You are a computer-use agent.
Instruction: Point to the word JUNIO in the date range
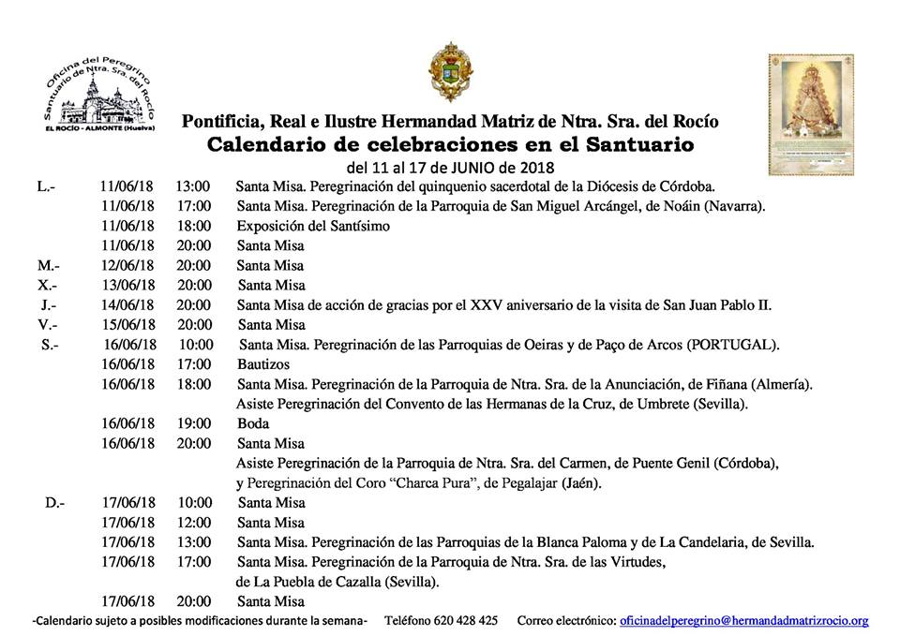[x=480, y=168]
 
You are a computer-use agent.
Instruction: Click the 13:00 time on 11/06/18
[x=192, y=186]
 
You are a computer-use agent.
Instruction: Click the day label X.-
[x=48, y=286]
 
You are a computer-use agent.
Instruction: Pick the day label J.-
[x=49, y=305]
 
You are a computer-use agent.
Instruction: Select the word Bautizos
[x=263, y=363]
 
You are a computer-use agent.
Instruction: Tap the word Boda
[x=253, y=423]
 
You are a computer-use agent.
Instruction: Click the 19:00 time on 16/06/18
[x=193, y=423]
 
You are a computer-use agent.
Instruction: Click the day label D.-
[x=54, y=503]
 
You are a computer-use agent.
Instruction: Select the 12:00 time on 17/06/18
[x=193, y=523]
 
